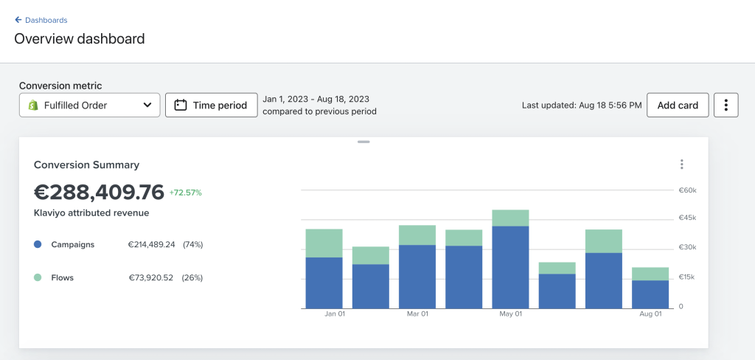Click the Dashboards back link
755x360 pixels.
click(x=41, y=20)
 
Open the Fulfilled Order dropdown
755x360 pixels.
click(x=89, y=105)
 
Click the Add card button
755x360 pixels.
click(x=678, y=105)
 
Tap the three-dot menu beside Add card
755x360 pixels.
click(x=726, y=105)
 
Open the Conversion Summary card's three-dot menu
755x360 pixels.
click(x=682, y=165)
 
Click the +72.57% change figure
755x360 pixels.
click(x=185, y=193)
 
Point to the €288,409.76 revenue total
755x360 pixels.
click(x=100, y=193)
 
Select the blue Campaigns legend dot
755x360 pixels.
click(x=38, y=244)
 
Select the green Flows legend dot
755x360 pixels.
click(x=38, y=277)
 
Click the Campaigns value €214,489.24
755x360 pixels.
click(x=151, y=244)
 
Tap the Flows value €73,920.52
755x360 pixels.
click(x=150, y=277)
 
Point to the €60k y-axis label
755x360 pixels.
click(x=688, y=190)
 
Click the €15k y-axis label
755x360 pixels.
click(x=688, y=277)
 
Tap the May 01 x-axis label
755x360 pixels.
click(x=510, y=314)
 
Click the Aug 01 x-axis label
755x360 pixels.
click(x=650, y=314)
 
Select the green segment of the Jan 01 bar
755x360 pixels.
click(x=324, y=243)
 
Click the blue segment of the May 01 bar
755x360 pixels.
click(x=510, y=268)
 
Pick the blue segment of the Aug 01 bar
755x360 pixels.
click(x=650, y=294)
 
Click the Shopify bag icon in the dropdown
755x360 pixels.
click(x=32, y=105)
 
